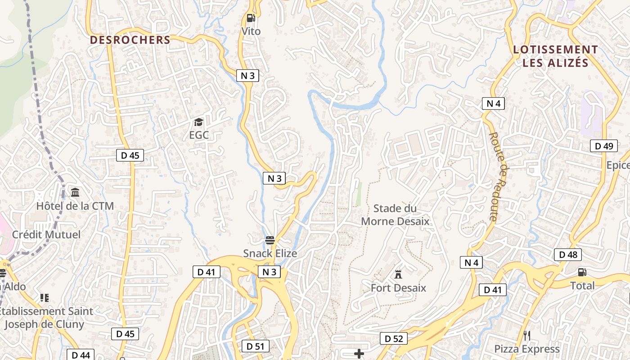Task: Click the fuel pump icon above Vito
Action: click(251, 18)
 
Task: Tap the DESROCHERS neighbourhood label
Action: click(130, 40)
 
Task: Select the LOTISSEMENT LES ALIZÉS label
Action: click(556, 56)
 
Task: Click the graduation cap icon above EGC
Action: click(198, 122)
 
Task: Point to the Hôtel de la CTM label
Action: click(75, 206)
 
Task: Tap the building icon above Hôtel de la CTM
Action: click(75, 193)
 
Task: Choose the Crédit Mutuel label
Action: click(46, 234)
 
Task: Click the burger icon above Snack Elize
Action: click(270, 240)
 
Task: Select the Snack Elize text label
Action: click(270, 253)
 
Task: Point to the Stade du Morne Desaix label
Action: click(395, 215)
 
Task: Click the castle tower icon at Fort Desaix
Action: click(398, 274)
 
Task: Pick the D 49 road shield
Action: click(604, 146)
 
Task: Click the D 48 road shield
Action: click(568, 255)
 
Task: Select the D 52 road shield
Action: click(394, 338)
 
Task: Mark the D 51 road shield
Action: click(256, 346)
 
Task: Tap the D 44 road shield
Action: click(81, 355)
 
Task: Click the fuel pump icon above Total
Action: click(582, 272)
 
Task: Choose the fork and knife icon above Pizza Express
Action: click(527, 335)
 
